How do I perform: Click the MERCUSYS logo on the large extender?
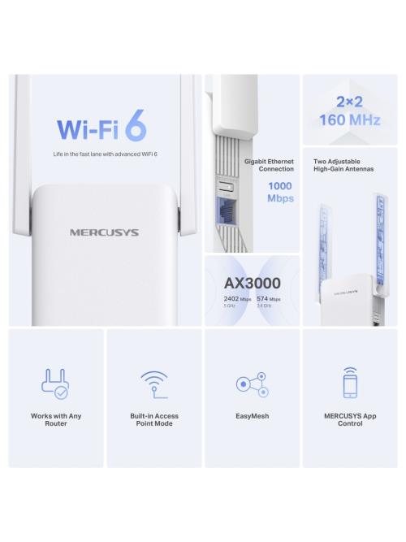coord(103,232)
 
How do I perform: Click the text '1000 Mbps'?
coord(281,193)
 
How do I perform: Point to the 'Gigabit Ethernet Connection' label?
coord(270,165)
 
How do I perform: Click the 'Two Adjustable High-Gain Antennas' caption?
coord(343,165)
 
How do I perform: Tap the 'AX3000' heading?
coord(252,283)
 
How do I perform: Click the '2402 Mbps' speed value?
coord(237,300)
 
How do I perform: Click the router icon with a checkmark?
coord(56,384)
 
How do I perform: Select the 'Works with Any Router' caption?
coord(56,419)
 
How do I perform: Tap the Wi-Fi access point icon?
coord(154,384)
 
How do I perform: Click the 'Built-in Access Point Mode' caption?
coord(154,419)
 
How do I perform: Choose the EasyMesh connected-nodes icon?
coord(252,384)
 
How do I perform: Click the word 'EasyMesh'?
coord(252,416)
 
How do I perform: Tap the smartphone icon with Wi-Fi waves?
coord(350,382)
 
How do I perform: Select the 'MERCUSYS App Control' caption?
coord(350,419)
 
